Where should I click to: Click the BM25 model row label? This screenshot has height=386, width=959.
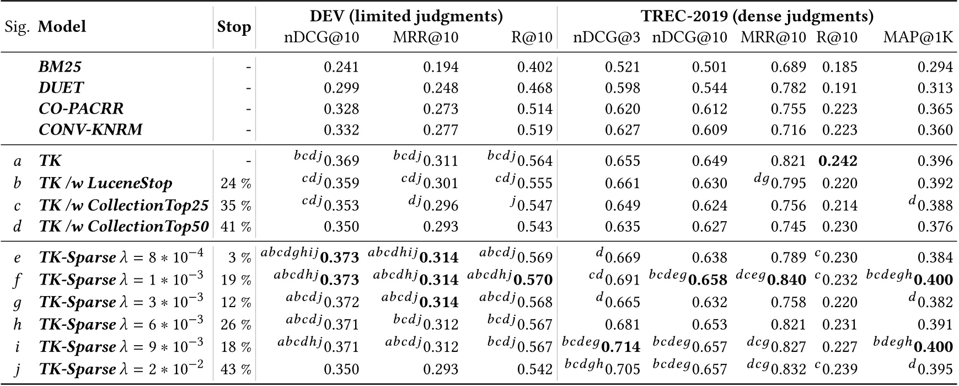click(x=60, y=67)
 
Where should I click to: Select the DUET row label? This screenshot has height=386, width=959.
click(x=61, y=88)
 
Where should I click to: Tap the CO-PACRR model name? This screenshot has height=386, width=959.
click(x=81, y=109)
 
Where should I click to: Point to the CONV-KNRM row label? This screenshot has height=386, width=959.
click(x=90, y=130)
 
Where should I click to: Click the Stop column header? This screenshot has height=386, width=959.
click(x=234, y=27)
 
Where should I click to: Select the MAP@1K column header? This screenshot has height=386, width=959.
click(x=918, y=37)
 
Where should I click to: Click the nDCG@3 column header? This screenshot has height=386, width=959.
click(x=607, y=37)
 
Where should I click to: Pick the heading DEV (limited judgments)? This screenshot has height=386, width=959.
click(x=406, y=16)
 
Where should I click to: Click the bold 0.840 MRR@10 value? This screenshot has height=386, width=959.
click(x=787, y=280)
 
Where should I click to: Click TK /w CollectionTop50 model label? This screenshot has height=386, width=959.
click(x=124, y=227)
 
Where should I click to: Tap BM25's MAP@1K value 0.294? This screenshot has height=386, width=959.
click(x=935, y=67)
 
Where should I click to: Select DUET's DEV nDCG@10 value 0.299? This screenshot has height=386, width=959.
click(x=341, y=88)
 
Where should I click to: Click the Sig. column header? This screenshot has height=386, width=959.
click(x=18, y=27)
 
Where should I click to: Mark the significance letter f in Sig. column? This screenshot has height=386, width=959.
click(x=18, y=280)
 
